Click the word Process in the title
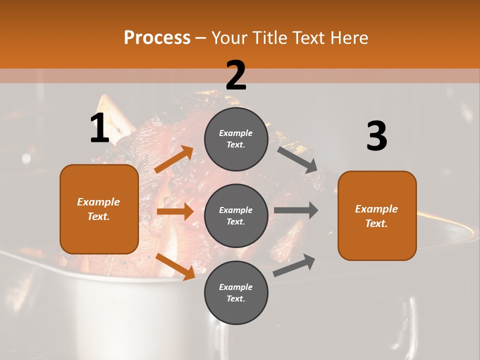(x=157, y=38)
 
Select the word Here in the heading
(x=348, y=38)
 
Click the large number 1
(x=99, y=128)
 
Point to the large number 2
(x=236, y=75)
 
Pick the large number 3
(x=376, y=136)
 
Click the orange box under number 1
(x=99, y=209)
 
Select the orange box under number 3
(x=377, y=216)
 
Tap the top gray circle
(x=236, y=139)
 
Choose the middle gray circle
(x=236, y=215)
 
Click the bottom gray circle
(x=236, y=292)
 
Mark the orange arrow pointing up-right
(x=174, y=159)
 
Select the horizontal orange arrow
(x=175, y=211)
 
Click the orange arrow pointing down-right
(x=175, y=266)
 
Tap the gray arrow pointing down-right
(x=298, y=159)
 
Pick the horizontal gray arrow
(x=296, y=210)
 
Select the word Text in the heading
(x=306, y=38)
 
